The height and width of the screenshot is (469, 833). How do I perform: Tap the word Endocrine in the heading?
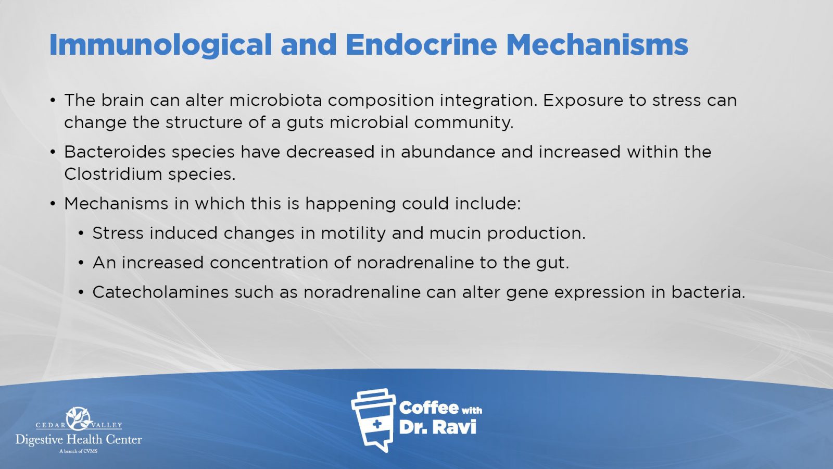click(x=421, y=45)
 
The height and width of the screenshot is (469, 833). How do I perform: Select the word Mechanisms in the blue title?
click(x=597, y=45)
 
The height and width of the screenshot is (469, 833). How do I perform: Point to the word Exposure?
click(x=583, y=101)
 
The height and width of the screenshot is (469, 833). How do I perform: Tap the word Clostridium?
click(x=112, y=174)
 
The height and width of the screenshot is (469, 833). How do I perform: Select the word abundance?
click(x=448, y=152)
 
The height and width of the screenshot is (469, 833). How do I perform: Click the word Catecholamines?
click(x=160, y=292)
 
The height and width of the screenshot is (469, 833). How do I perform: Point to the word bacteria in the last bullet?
click(x=708, y=292)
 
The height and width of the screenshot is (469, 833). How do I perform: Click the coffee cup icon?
click(x=373, y=420)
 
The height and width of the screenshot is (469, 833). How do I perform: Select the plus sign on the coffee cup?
click(x=377, y=424)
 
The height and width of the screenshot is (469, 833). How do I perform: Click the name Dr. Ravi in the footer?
click(x=438, y=427)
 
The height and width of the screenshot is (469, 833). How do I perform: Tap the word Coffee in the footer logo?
click(x=428, y=408)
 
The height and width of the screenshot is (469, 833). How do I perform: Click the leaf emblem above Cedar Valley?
click(x=79, y=418)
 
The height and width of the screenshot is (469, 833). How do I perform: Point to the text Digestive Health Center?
click(x=79, y=440)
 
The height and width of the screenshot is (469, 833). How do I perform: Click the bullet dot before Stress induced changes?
click(x=81, y=234)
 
